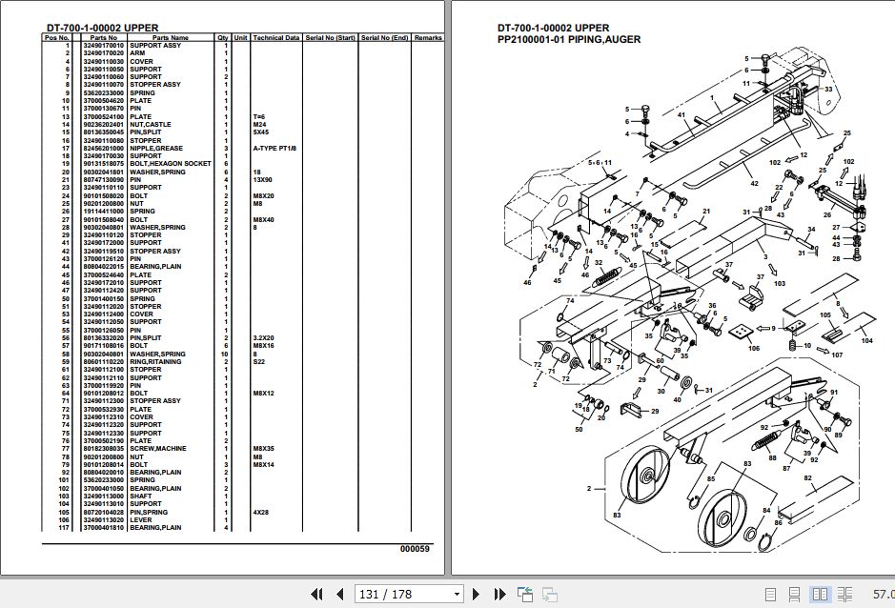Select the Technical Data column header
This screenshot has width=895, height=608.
pos(275,38)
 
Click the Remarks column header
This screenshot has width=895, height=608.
pos(428,38)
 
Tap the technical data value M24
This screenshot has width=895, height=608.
pos(260,124)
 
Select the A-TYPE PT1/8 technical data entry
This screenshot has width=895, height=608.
pos(275,148)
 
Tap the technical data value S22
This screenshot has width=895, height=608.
pos(259,361)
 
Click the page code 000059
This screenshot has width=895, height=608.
pos(415,549)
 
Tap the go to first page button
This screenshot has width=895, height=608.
pos(316,594)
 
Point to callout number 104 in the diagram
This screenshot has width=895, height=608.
pos(866,340)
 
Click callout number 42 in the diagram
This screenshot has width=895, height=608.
pos(753,183)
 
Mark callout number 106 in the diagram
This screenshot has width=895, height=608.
pos(753,348)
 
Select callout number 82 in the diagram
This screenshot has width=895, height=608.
pos(807,477)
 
